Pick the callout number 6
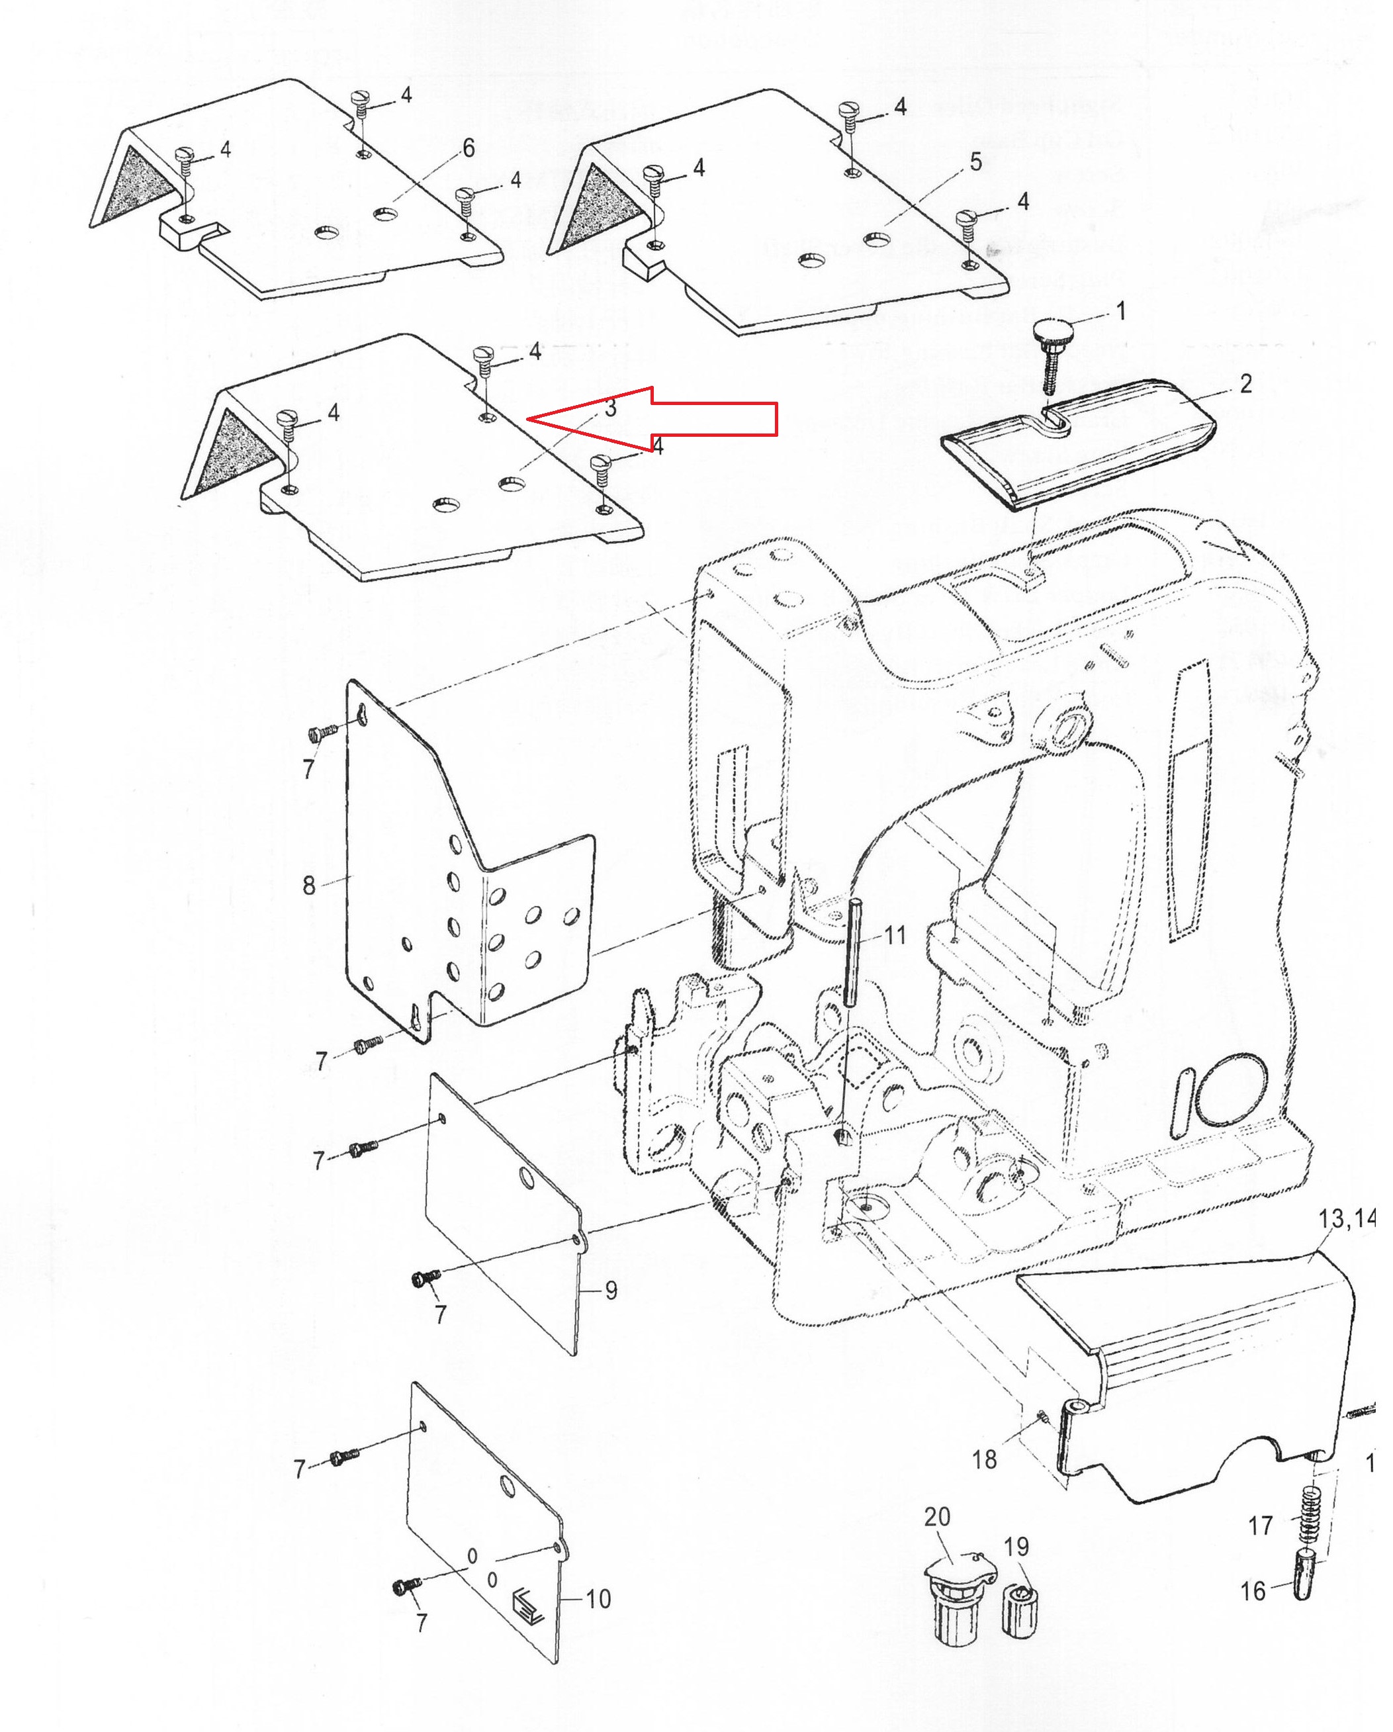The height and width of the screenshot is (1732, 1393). click(x=469, y=148)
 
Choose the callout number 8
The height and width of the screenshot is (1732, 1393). click(x=308, y=886)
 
